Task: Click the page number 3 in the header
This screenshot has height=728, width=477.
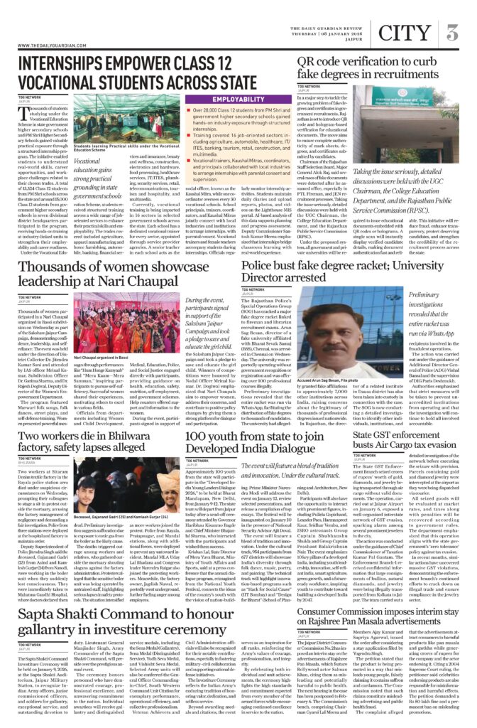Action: (452, 32)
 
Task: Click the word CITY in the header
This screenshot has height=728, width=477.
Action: (406, 32)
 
